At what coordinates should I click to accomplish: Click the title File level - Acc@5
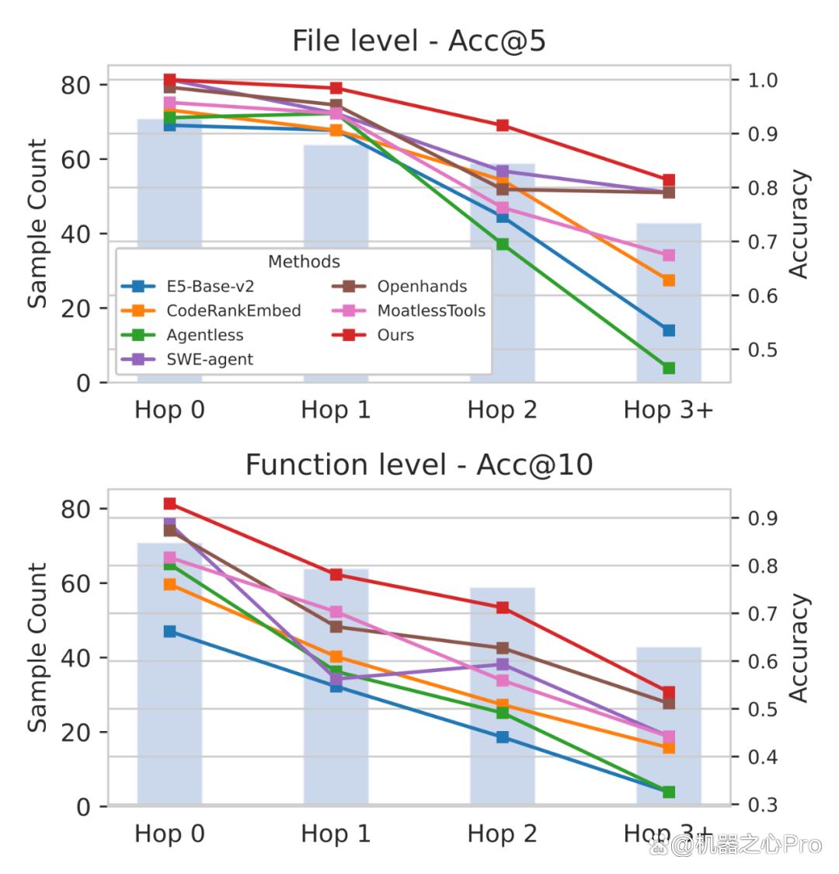(419, 40)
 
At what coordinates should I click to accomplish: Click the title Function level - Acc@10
(419, 465)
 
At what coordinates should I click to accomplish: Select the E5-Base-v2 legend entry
(188, 287)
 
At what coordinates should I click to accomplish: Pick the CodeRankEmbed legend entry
(211, 311)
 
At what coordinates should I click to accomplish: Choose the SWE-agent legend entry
(187, 360)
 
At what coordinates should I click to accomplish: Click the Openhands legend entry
(399, 287)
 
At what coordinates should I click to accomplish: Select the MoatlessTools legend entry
(409, 311)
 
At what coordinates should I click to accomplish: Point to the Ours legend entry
(373, 335)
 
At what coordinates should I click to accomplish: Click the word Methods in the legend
(304, 261)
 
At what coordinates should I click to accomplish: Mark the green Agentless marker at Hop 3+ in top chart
(669, 368)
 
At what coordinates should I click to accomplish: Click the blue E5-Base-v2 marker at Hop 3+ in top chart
(669, 330)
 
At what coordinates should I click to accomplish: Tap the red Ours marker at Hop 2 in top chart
(503, 125)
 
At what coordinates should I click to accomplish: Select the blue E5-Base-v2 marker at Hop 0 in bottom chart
(170, 632)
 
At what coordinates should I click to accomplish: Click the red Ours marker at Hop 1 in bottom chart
(336, 575)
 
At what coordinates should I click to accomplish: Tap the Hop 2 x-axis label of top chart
(503, 410)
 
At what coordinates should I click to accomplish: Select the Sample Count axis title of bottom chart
(37, 647)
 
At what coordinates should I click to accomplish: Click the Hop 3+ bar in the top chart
(669, 303)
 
